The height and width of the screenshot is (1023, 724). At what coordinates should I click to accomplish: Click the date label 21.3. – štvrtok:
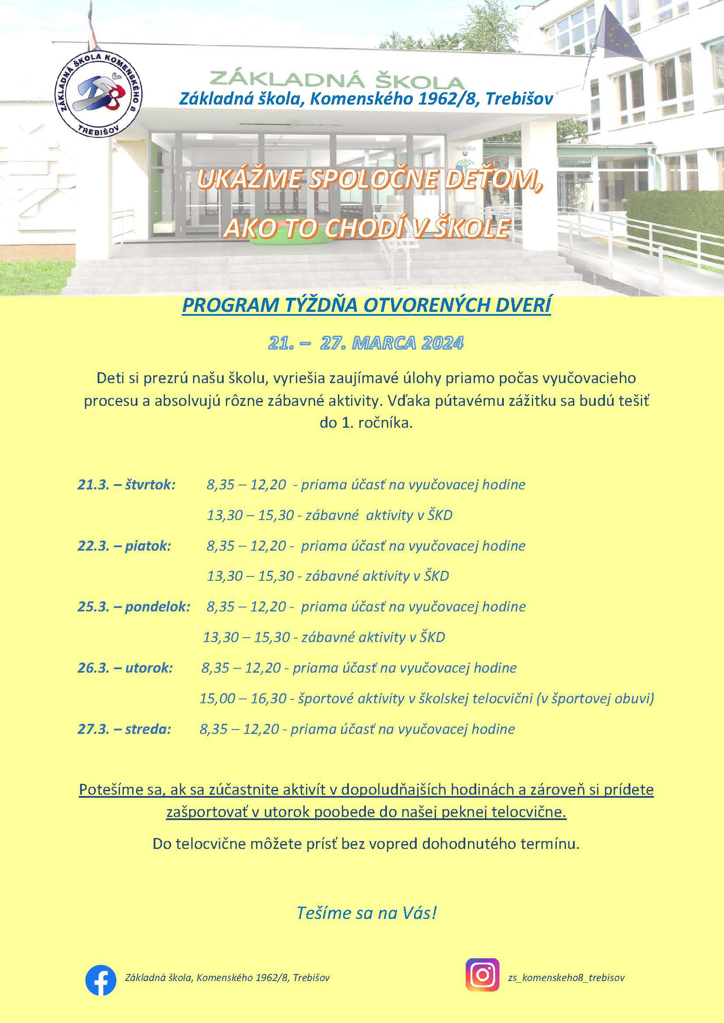tap(127, 484)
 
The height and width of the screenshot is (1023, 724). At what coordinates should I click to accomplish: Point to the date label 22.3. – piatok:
tap(124, 546)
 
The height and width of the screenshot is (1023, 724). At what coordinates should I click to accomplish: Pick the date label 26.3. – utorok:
tap(125, 668)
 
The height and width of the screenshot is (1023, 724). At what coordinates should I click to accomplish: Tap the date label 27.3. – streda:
tap(124, 729)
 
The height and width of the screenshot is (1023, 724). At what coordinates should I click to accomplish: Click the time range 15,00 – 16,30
tap(243, 698)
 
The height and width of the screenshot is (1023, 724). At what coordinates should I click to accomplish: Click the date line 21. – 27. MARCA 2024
tap(366, 342)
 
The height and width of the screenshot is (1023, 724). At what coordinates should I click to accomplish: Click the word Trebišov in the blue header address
tap(519, 98)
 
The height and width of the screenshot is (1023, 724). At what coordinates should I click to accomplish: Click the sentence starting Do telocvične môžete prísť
tap(366, 843)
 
